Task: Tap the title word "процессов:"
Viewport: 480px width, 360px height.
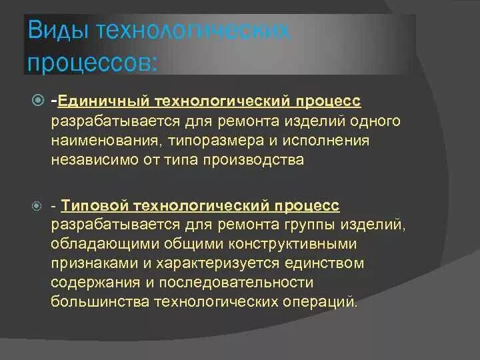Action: (92, 64)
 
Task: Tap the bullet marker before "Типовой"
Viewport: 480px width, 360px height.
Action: (37, 207)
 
